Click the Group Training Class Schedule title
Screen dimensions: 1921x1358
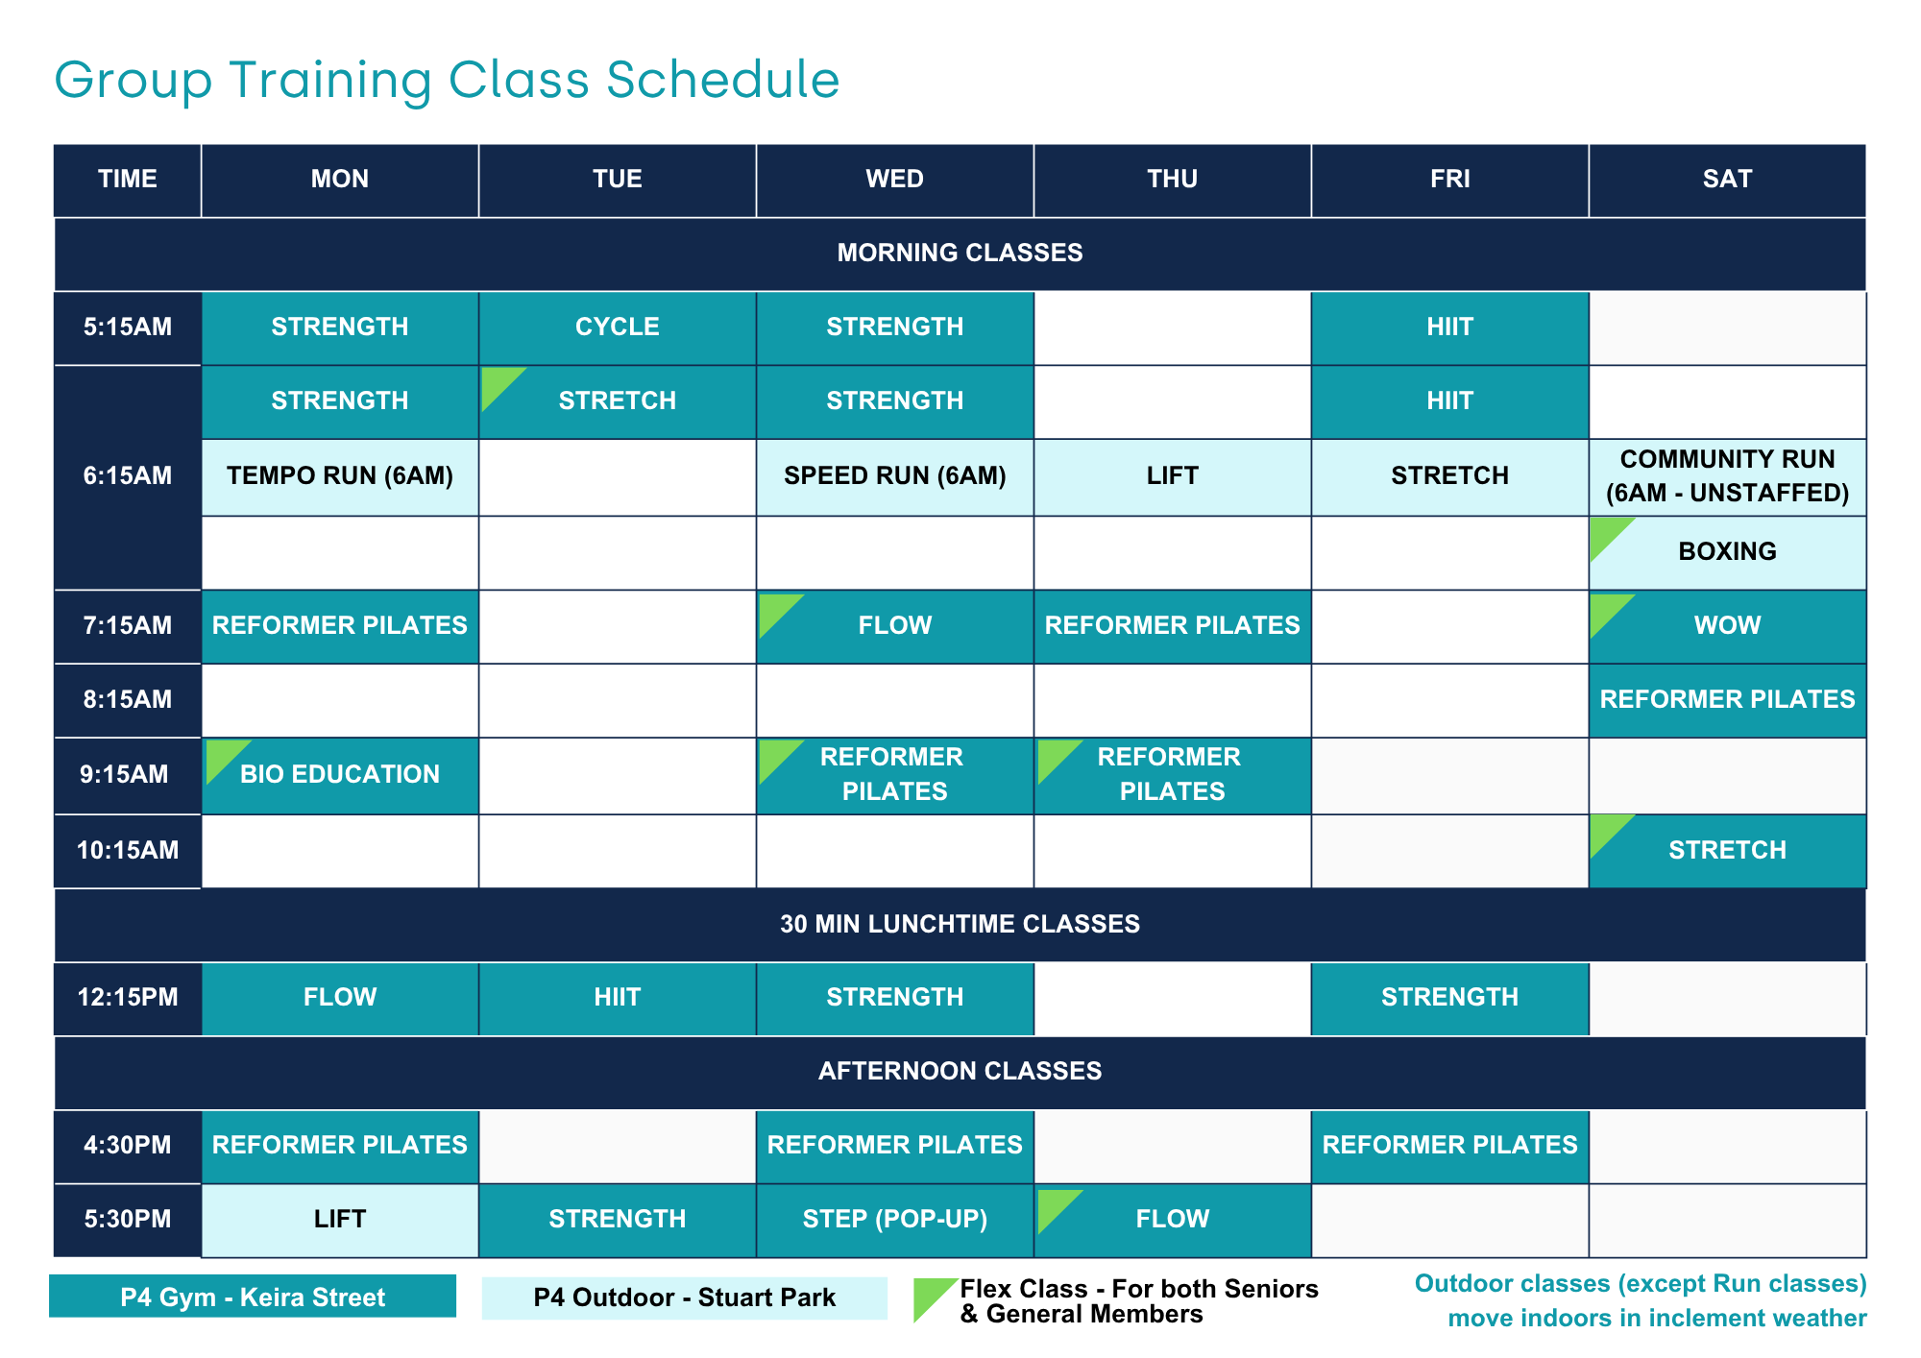click(447, 80)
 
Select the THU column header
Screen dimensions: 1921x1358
click(1172, 180)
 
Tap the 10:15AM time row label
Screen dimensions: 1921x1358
click(128, 851)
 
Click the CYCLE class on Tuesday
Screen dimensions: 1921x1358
click(618, 327)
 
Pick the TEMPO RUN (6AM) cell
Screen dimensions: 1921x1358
click(340, 476)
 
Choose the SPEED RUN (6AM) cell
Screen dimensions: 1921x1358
click(895, 476)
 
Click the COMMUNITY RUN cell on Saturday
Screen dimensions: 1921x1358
click(1728, 476)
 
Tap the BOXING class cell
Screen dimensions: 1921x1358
click(1728, 552)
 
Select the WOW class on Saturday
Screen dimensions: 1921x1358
click(1728, 626)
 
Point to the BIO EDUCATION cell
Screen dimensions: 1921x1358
click(340, 775)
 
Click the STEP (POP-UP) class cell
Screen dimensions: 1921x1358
click(895, 1220)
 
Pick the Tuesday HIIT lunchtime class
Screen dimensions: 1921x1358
click(618, 998)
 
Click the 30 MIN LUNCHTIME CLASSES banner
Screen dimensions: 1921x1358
click(960, 925)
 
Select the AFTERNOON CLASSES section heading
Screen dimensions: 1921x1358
click(960, 1072)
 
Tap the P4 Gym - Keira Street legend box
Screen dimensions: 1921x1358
click(253, 1297)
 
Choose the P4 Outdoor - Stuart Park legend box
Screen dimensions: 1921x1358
click(684, 1297)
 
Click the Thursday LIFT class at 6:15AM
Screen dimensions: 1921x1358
click(1172, 476)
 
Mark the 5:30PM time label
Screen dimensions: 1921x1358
click(128, 1220)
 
